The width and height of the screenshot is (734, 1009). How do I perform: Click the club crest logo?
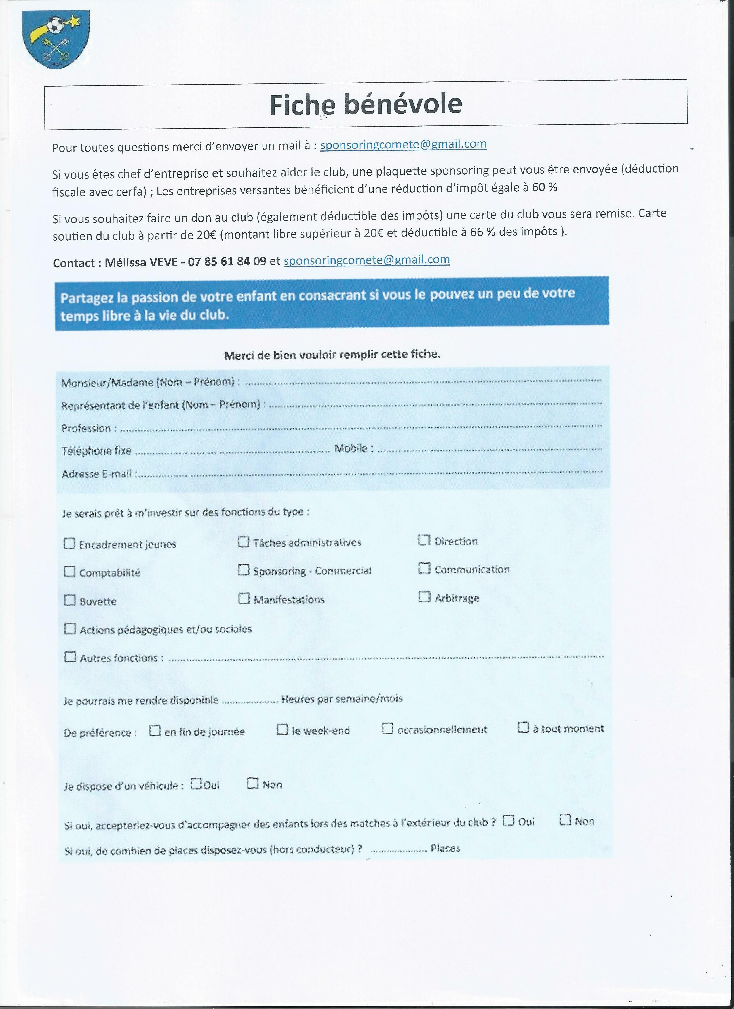pos(56,39)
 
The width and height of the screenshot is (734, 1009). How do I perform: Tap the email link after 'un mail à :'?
pos(403,145)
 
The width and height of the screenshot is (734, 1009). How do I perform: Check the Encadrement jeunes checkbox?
pos(69,543)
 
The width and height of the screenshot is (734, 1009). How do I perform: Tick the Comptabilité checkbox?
pos(69,571)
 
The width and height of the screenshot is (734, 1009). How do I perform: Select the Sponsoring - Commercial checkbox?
pos(244,570)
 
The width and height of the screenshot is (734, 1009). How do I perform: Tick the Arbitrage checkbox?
pos(424,597)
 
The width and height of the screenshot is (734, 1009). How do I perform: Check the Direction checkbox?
pos(424,540)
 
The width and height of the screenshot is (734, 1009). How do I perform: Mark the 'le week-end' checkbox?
pos(282,729)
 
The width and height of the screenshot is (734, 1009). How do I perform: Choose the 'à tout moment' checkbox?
pos(523,727)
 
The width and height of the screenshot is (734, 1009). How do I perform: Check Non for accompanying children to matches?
pos(565,819)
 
